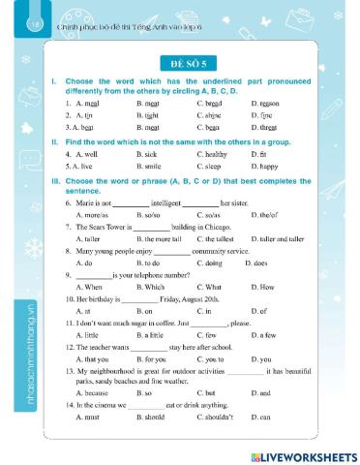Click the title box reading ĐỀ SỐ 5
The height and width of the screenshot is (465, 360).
[180, 59]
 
